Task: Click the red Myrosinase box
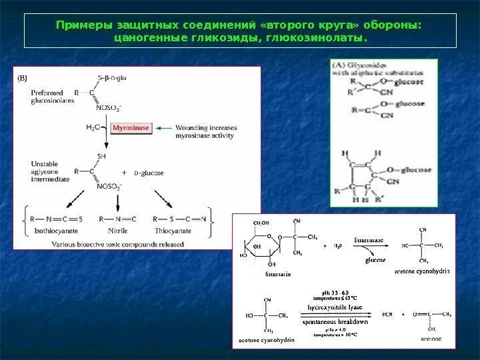pos(131,127)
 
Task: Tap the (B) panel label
pos(23,78)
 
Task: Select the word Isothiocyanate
pos(45,231)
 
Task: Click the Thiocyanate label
pos(173,231)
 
